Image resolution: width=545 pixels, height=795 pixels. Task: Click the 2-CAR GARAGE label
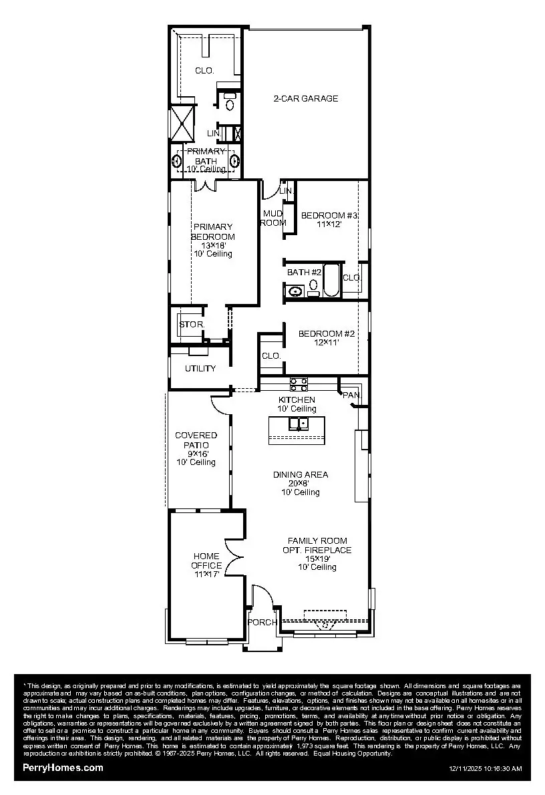coord(306,98)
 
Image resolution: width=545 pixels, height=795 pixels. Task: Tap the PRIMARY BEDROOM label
coord(212,232)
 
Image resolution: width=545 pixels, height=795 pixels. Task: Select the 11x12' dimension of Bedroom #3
coord(329,225)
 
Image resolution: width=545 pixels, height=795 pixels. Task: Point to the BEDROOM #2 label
coord(325,333)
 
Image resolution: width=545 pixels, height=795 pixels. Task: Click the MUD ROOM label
coord(272,218)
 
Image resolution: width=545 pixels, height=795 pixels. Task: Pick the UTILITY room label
coord(200,368)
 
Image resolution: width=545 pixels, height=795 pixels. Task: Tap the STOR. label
coord(191,325)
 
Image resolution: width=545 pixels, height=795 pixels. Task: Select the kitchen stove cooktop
coord(299,383)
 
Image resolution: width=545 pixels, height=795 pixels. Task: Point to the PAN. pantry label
coord(351,395)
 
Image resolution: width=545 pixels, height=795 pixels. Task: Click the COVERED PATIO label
coord(196,440)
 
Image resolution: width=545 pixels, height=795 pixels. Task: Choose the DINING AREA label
coord(301,474)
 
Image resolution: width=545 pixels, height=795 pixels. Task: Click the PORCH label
coord(262,622)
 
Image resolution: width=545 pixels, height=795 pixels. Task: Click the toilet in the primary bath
coord(230,104)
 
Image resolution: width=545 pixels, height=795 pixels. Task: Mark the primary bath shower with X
coord(181,123)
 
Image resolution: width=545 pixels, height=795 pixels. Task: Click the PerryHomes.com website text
coord(63,768)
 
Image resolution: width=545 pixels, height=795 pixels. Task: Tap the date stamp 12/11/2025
coord(467,769)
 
